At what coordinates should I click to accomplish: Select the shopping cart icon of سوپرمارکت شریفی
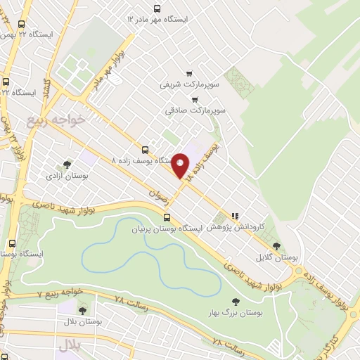pos(189,72)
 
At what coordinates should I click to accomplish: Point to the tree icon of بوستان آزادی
pos(67,164)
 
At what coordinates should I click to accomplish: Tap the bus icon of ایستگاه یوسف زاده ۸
pos(145,149)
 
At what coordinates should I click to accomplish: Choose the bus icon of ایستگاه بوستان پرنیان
pos(166,218)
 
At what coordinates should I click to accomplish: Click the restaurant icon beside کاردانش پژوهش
pos(236,216)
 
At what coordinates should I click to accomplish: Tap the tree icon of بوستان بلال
pos(83,310)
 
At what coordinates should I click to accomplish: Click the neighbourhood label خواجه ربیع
pos(56,119)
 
